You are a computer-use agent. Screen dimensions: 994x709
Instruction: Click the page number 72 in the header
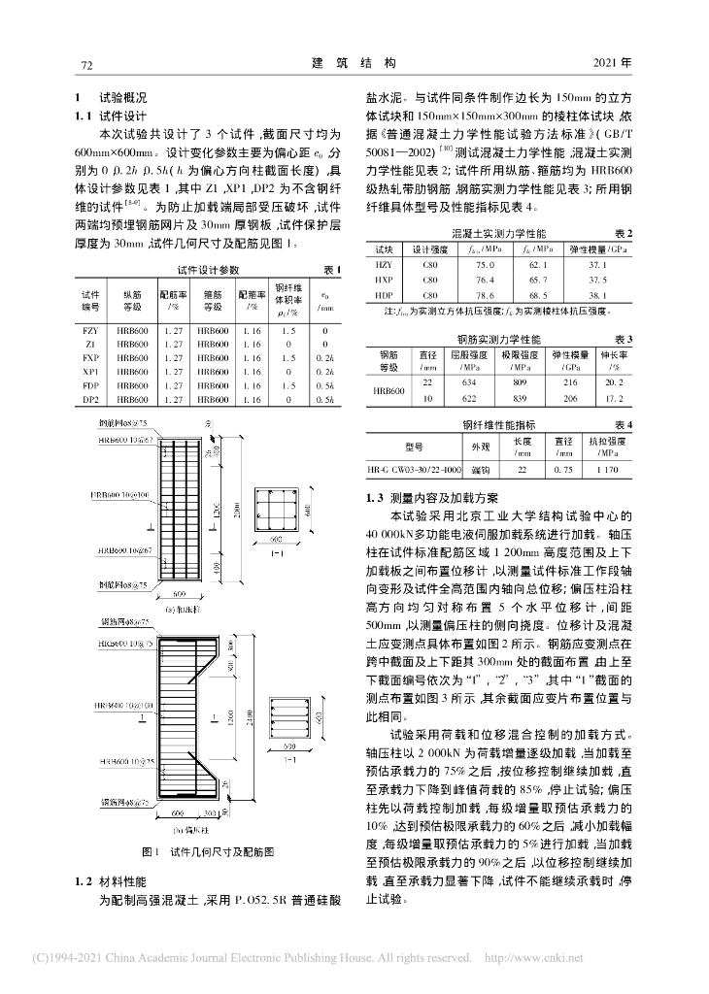(84, 64)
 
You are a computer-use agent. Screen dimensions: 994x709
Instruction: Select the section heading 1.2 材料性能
(110, 880)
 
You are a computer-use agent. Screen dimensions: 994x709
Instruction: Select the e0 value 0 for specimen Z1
(324, 345)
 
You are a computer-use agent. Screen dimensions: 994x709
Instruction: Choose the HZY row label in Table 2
(384, 264)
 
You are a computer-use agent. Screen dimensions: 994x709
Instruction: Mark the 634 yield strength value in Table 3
(471, 382)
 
